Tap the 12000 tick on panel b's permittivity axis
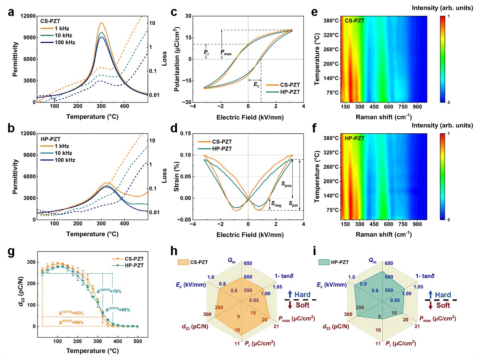[26, 134]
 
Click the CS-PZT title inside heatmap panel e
[354, 21]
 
